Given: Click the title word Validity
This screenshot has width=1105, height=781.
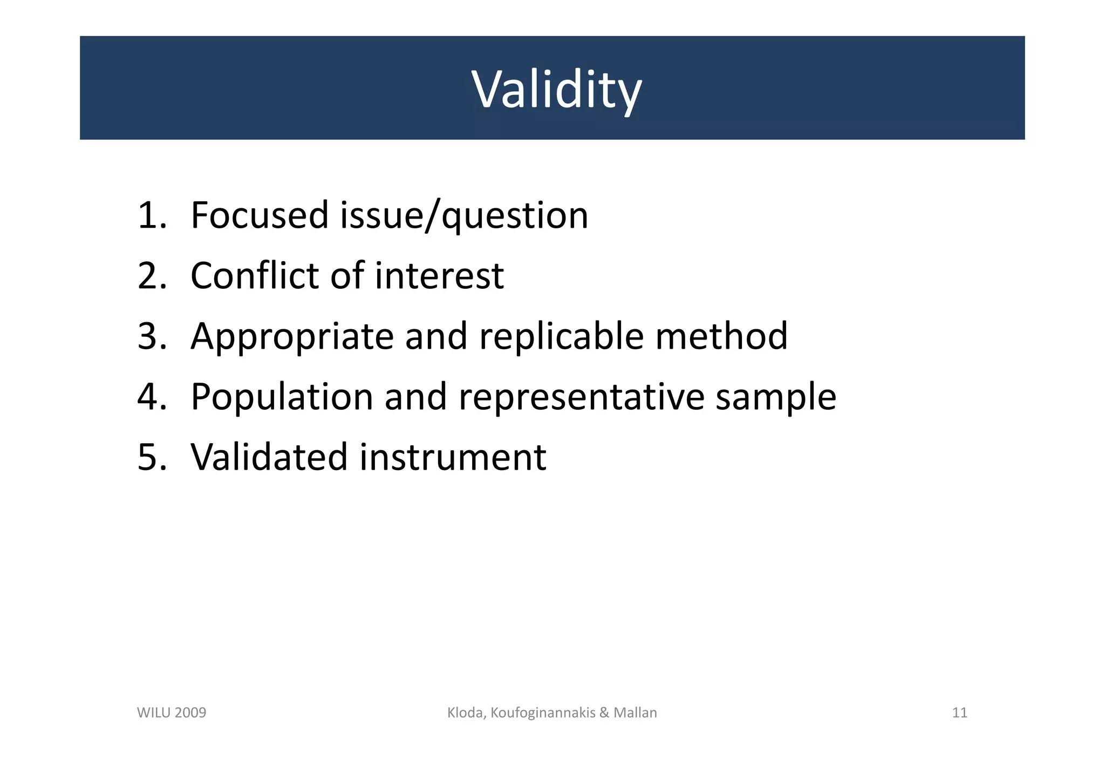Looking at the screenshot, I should (556, 90).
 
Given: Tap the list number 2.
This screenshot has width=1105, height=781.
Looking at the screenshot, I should (152, 275).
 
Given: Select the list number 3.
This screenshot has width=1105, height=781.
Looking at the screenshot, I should (152, 336).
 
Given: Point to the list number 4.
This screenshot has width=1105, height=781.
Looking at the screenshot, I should (152, 396).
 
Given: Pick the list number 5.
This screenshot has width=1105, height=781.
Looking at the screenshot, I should (152, 457).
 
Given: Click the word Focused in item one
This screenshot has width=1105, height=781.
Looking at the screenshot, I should (260, 215).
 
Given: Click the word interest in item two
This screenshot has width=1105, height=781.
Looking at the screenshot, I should (439, 275).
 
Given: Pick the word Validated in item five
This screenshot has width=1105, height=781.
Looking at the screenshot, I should (268, 457).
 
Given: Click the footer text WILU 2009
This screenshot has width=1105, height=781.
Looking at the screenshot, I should (172, 713).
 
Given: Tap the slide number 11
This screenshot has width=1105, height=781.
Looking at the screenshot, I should (959, 713).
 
